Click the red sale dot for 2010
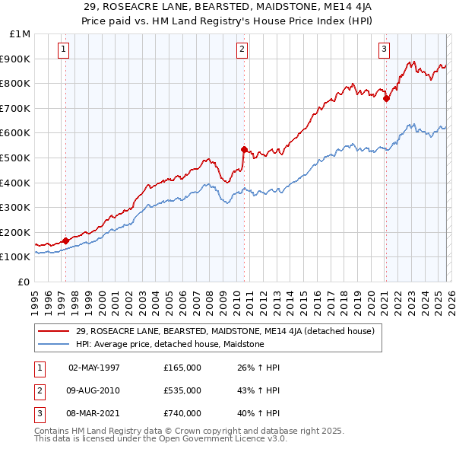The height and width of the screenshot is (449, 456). [244, 149]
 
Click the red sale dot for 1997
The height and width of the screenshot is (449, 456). [65, 240]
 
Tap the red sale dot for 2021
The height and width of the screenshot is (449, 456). [386, 98]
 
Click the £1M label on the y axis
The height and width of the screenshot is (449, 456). [20, 33]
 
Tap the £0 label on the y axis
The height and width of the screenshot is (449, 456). [24, 282]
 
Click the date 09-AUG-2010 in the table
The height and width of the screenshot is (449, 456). [93, 390]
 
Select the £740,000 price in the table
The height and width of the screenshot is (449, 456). [182, 413]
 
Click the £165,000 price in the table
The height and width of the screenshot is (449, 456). [182, 368]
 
